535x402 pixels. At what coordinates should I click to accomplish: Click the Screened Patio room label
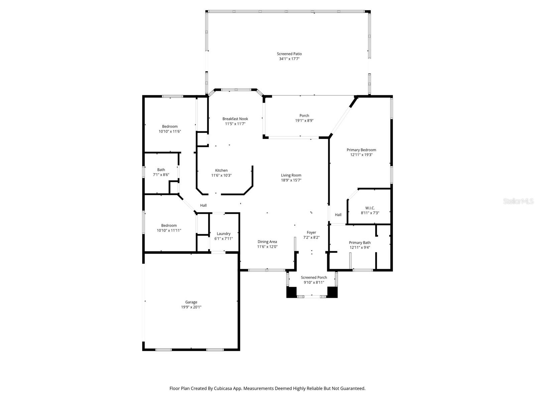(289, 54)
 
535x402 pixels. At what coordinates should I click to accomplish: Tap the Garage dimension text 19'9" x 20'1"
(191, 307)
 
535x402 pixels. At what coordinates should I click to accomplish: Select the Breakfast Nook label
(235, 119)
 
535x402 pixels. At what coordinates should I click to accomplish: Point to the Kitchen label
(221, 170)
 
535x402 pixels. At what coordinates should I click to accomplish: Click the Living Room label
(291, 175)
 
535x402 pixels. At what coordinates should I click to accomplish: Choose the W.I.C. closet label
(370, 208)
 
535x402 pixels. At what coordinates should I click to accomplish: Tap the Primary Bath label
(360, 243)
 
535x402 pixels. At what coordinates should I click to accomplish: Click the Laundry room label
(223, 233)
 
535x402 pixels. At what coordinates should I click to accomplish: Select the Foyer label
(311, 232)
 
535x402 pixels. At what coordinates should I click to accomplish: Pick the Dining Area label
(267, 242)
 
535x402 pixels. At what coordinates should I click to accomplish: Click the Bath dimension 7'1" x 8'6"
(161, 175)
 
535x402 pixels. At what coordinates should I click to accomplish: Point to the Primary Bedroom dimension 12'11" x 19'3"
(361, 155)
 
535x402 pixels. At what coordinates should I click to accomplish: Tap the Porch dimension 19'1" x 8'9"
(304, 121)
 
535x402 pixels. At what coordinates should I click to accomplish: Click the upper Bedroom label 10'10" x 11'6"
(170, 126)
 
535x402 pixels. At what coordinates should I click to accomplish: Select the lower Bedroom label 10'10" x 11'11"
(169, 225)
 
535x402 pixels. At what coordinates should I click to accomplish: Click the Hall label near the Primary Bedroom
(338, 215)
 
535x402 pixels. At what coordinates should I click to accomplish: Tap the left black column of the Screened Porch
(292, 292)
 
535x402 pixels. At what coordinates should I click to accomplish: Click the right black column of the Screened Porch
(332, 292)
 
